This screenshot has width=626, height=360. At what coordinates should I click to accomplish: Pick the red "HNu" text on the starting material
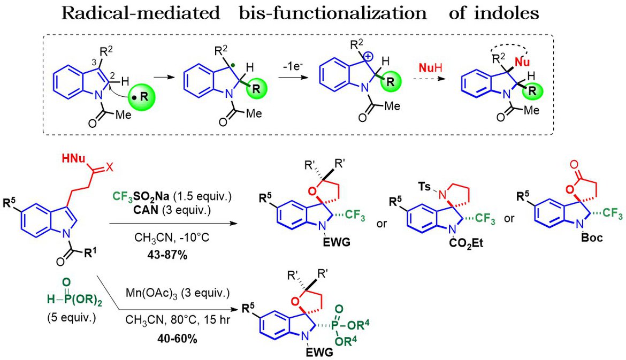pyautogui.click(x=74, y=158)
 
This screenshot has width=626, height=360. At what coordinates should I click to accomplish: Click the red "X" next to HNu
pyautogui.click(x=109, y=167)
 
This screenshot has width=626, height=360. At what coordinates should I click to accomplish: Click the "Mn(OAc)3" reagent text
pyautogui.click(x=155, y=294)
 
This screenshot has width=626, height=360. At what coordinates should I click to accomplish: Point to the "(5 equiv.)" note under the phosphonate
pyautogui.click(x=72, y=318)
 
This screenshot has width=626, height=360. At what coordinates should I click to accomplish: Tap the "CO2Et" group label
pyautogui.click(x=466, y=243)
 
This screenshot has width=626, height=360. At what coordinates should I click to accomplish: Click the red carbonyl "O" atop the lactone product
pyautogui.click(x=575, y=164)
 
